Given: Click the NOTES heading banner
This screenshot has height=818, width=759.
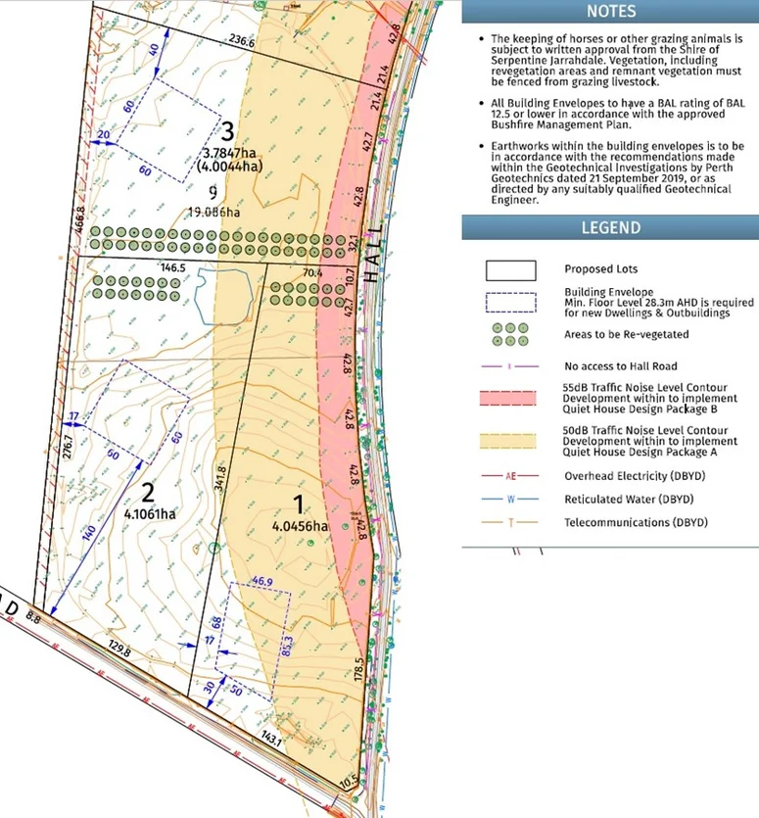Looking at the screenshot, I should [x=610, y=12].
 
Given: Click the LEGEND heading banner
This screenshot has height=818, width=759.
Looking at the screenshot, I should [x=610, y=227].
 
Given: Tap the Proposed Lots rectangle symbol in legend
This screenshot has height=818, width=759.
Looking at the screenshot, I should [x=510, y=269].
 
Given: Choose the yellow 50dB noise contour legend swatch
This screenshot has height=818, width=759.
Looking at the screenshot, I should [x=510, y=437].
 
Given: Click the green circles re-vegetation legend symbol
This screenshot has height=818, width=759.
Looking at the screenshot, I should [x=510, y=334].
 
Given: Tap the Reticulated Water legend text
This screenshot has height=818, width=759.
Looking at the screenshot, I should [x=623, y=500].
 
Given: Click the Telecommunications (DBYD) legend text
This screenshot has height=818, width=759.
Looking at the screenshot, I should [x=636, y=523].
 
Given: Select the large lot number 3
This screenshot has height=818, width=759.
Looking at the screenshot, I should [x=228, y=130].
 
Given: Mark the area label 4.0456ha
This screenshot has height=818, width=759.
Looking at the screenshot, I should [x=300, y=525].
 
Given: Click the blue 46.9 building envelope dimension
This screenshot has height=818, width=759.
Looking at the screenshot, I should [x=261, y=580].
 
